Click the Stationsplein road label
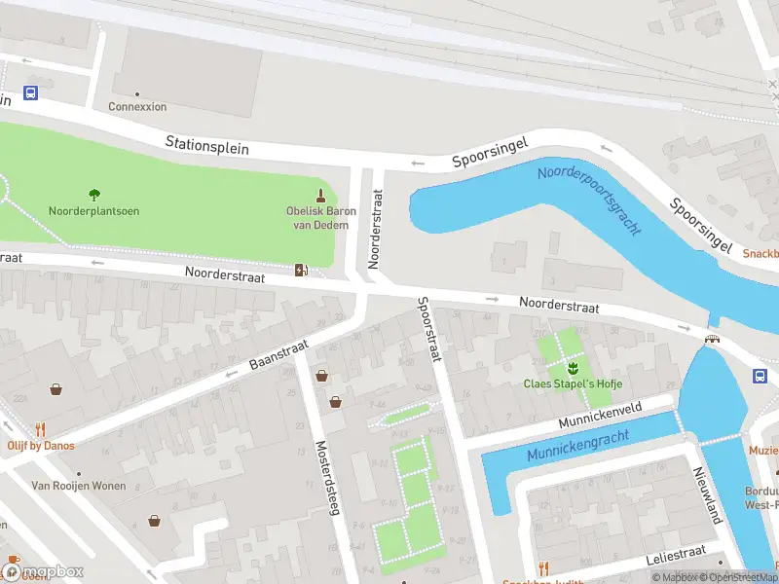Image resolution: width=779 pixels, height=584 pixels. tap(206, 146)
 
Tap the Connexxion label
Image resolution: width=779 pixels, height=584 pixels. tap(137, 107)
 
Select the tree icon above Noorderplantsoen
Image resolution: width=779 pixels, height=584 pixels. tap(94, 195)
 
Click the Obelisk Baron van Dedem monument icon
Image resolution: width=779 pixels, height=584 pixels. tap(321, 195)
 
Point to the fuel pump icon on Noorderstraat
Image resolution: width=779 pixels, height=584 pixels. tap(302, 270)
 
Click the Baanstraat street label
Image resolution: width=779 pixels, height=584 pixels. tap(278, 353)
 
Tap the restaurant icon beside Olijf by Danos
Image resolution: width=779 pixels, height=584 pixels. tap(40, 428)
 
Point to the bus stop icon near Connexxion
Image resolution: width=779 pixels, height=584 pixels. tap(31, 93)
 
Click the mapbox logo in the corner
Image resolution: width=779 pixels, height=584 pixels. tap(43, 571)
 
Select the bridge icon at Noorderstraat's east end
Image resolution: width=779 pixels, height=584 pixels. tap(714, 338)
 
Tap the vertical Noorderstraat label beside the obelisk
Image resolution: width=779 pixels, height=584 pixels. tap(375, 230)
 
